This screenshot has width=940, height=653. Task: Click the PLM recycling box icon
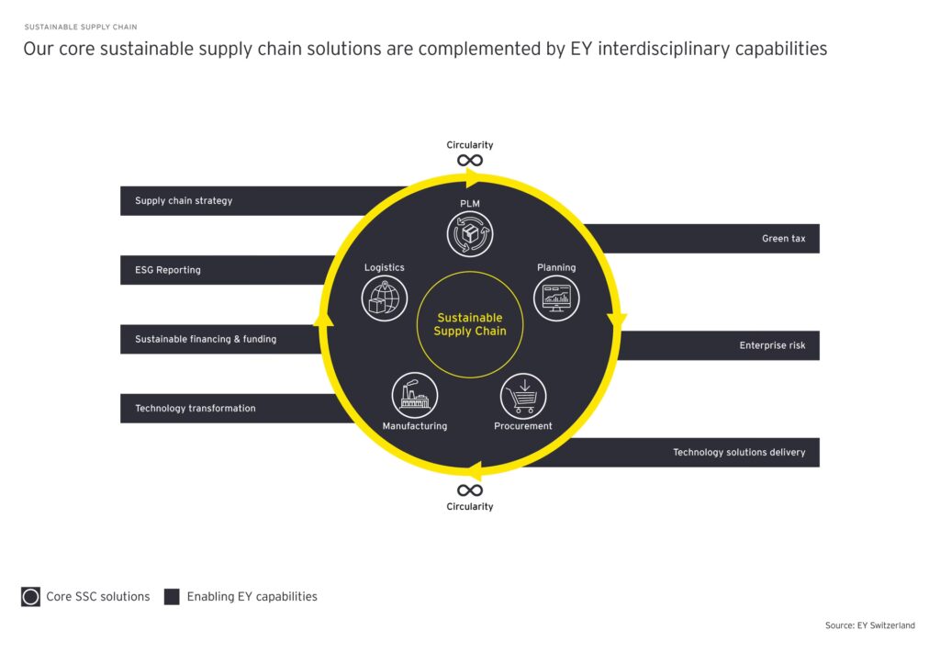coord(470,233)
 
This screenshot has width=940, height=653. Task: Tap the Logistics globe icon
coord(384,298)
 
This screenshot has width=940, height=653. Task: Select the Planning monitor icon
coord(556,298)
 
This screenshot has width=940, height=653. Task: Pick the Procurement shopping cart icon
coord(523,396)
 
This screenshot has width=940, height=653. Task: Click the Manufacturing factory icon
coord(414,395)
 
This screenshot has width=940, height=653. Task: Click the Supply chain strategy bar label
coord(184,201)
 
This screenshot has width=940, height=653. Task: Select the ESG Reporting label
coord(168,270)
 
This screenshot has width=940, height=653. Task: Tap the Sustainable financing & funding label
coord(206,339)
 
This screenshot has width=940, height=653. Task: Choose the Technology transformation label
coord(196,409)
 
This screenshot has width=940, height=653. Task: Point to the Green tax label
coord(783,239)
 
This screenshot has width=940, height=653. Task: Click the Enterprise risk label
coord(772,346)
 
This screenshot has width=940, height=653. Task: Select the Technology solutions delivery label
coord(739,452)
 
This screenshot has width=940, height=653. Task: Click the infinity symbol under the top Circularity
coord(470,161)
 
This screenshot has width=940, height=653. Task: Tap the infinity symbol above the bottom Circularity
coord(470,490)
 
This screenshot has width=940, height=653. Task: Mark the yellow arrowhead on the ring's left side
coord(322,318)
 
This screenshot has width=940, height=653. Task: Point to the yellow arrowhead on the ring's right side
coord(617,321)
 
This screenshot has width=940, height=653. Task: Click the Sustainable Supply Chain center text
coord(470,325)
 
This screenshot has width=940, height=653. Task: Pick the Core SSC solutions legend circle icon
coord(30,597)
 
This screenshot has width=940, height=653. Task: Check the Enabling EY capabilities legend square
coord(172,597)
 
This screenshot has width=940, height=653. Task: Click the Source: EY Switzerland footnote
coord(869,625)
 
